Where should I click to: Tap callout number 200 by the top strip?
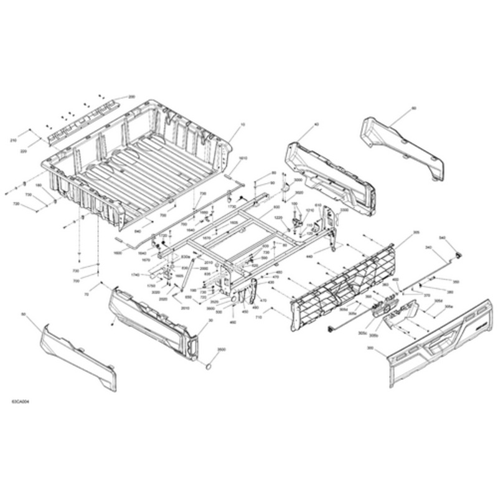pyautogui.click(x=131, y=97)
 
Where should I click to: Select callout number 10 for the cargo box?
pyautogui.click(x=243, y=125)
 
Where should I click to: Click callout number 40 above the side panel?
pyautogui.click(x=316, y=125)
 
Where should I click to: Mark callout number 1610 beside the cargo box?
pyautogui.click(x=243, y=159)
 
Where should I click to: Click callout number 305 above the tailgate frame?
pyautogui.click(x=416, y=232)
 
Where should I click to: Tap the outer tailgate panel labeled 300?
pyautogui.click(x=436, y=349)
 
